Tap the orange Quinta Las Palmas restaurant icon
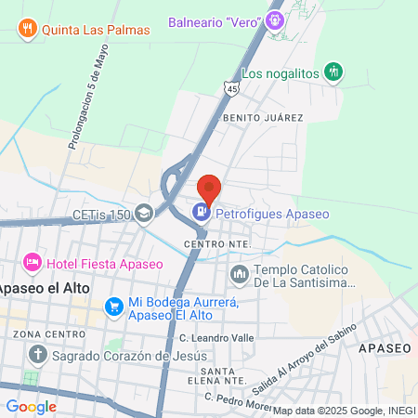27,29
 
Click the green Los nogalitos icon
334,72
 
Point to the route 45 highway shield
230,87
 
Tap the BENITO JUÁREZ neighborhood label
262,118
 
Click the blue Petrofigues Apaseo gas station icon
200,213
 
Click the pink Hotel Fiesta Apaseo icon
33,263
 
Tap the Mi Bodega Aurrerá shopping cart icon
114,305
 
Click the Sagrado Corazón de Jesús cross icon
37,355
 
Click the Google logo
32,406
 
